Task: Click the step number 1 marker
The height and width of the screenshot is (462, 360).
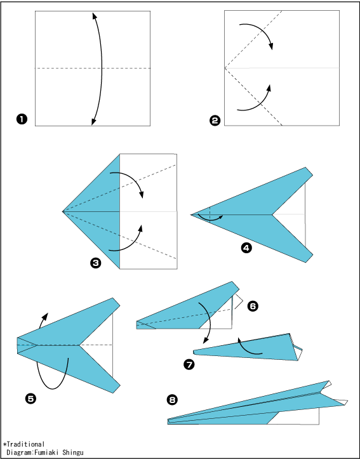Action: [22, 119]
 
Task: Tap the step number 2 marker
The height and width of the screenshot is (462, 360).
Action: [215, 121]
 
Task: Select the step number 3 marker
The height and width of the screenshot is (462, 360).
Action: [95, 263]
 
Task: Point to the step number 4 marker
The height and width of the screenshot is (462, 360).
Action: [246, 247]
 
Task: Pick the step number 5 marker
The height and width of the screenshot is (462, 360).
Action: [31, 399]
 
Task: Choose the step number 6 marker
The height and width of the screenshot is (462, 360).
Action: [253, 306]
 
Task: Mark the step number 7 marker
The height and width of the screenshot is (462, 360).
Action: [189, 365]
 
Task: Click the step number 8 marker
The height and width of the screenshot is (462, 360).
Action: [172, 400]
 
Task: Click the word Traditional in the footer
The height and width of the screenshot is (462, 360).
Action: [25, 444]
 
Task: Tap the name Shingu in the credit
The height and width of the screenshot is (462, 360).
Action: [73, 452]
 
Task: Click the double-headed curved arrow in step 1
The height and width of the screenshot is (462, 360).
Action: [102, 69]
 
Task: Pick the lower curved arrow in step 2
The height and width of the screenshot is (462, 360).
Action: [260, 102]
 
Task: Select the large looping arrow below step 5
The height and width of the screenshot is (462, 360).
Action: [53, 388]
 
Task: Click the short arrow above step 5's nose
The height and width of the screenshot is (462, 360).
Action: [43, 320]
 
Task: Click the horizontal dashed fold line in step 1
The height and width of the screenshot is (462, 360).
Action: [93, 68]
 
